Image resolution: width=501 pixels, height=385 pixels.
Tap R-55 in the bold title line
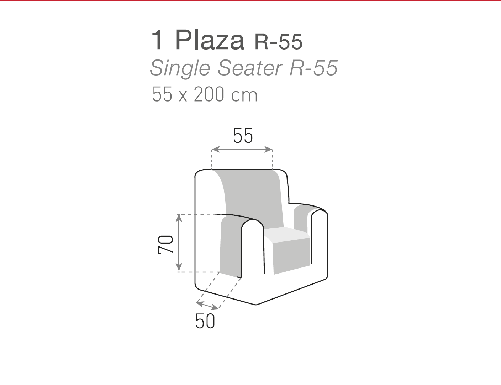coord(278,42)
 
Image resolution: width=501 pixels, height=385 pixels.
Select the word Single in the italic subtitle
coord(180,68)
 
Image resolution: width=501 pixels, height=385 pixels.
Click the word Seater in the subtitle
coord(250,67)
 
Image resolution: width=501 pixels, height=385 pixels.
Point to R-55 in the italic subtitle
coord(313,67)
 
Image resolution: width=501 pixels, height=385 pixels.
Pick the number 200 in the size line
coord(209,94)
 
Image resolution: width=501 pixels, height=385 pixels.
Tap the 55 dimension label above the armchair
coord(243,136)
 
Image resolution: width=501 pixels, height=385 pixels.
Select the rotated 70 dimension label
coord(165,245)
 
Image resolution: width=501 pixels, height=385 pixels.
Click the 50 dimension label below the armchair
coord(205,321)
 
